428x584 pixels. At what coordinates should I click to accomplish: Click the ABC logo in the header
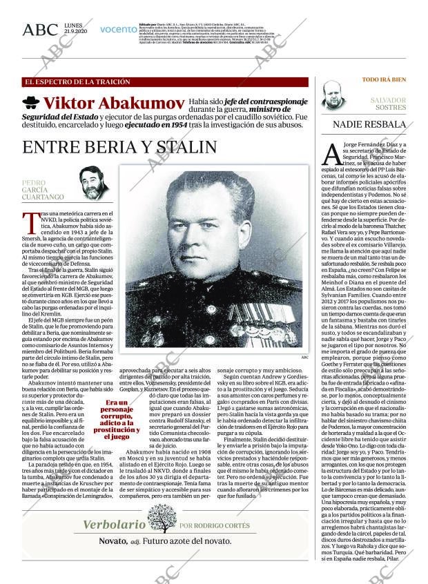pyautogui.click(x=40, y=30)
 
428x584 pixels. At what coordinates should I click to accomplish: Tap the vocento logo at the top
pyautogui.click(x=118, y=30)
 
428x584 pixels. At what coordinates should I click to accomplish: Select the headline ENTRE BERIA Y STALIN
pyautogui.click(x=119, y=147)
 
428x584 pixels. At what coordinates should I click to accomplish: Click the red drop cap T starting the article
pyautogui.click(x=30, y=223)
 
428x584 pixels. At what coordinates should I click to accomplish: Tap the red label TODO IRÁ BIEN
pyautogui.click(x=384, y=80)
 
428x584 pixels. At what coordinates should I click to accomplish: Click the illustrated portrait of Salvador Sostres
pyautogui.click(x=334, y=97)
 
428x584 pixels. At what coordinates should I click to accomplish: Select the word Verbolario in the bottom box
pyautogui.click(x=114, y=525)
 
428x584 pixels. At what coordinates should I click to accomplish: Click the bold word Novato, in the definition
pyautogui.click(x=111, y=543)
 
